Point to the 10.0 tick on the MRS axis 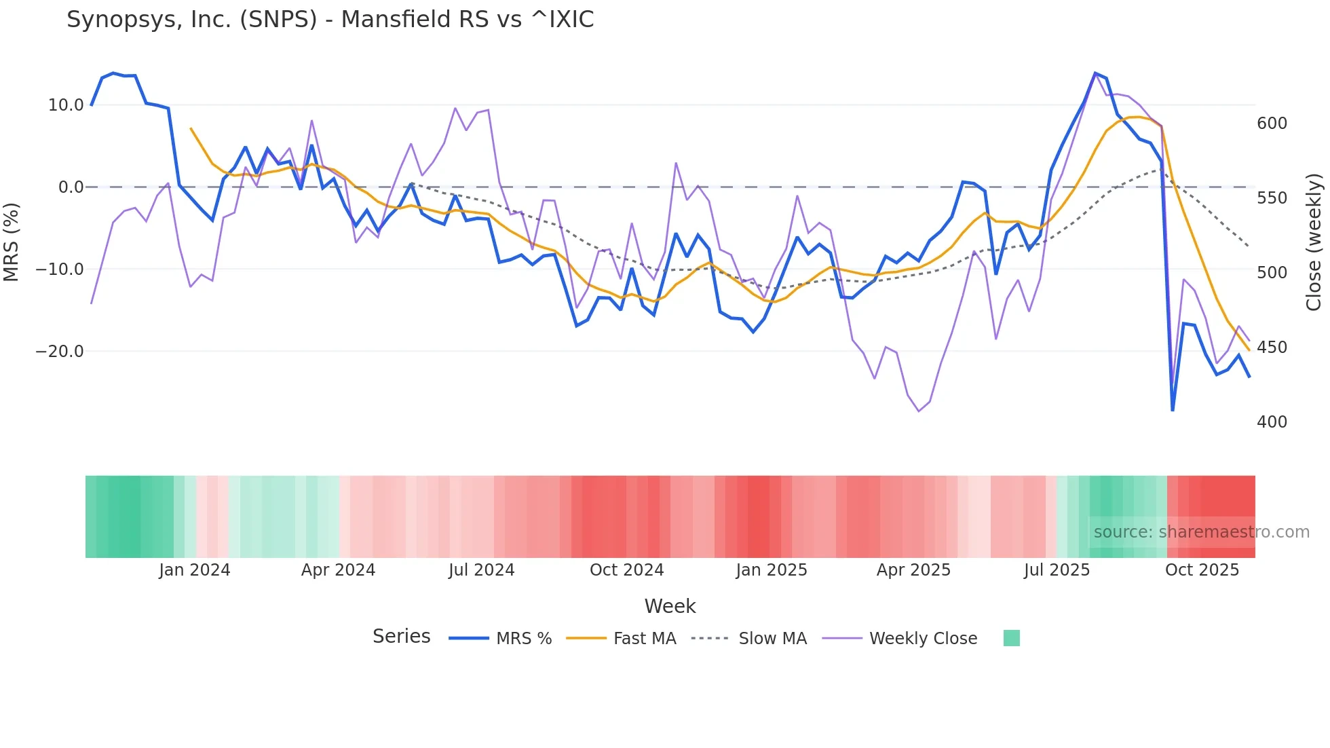66,105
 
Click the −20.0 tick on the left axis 60,352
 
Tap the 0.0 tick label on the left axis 71,187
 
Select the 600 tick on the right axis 1272,124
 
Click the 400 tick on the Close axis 1272,422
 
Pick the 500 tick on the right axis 1272,273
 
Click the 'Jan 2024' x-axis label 195,570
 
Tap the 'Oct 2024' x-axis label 626,570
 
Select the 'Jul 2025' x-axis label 1057,570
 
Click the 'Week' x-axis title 670,606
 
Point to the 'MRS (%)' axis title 12,242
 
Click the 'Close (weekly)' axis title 1314,242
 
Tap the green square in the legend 1011,638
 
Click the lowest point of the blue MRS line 1173,410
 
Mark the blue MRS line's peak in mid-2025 1095,73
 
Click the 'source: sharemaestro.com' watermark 1201,532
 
